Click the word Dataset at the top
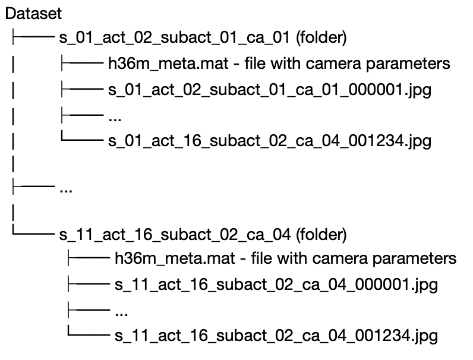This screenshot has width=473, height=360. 33,12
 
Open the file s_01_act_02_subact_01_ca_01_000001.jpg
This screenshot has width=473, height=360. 269,91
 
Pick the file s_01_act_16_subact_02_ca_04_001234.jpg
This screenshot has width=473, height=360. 269,141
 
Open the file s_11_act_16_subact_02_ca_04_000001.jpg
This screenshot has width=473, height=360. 275,285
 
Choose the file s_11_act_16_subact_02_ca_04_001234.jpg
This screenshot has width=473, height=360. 275,336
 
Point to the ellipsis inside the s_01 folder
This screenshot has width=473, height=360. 115,117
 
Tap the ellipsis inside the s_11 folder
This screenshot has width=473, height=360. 121,311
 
